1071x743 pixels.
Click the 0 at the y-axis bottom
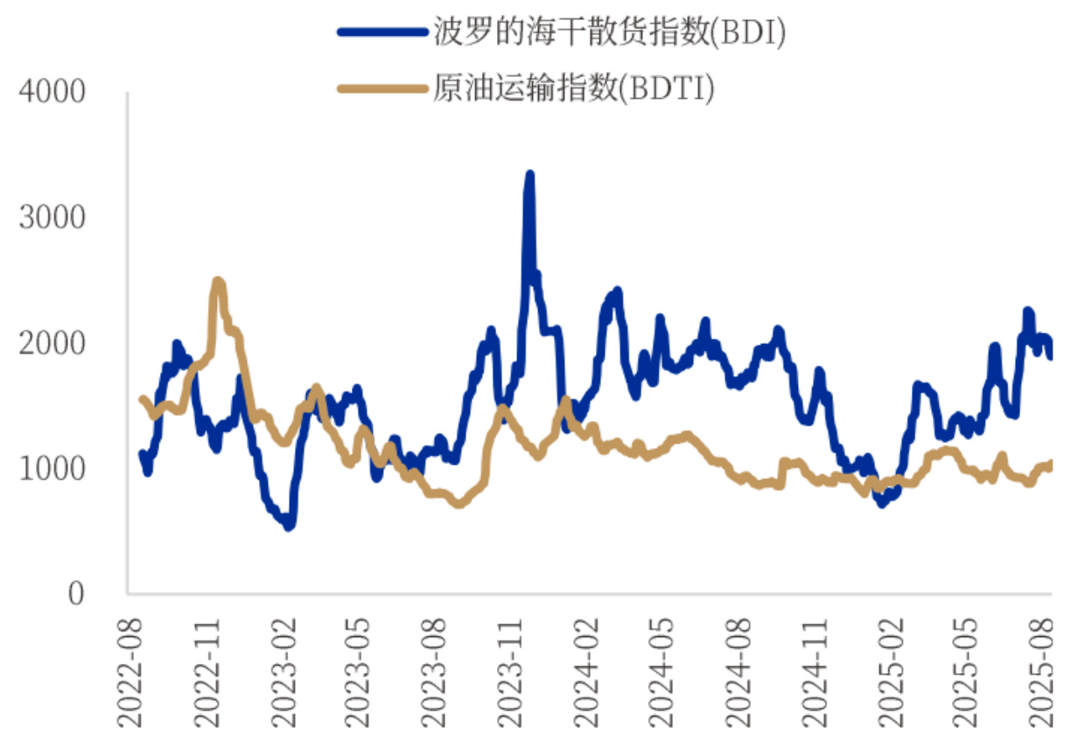pos(76,594)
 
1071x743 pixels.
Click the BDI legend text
pos(610,32)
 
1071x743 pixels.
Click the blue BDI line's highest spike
pos(529,175)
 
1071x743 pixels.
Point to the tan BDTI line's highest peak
pos(218,282)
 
